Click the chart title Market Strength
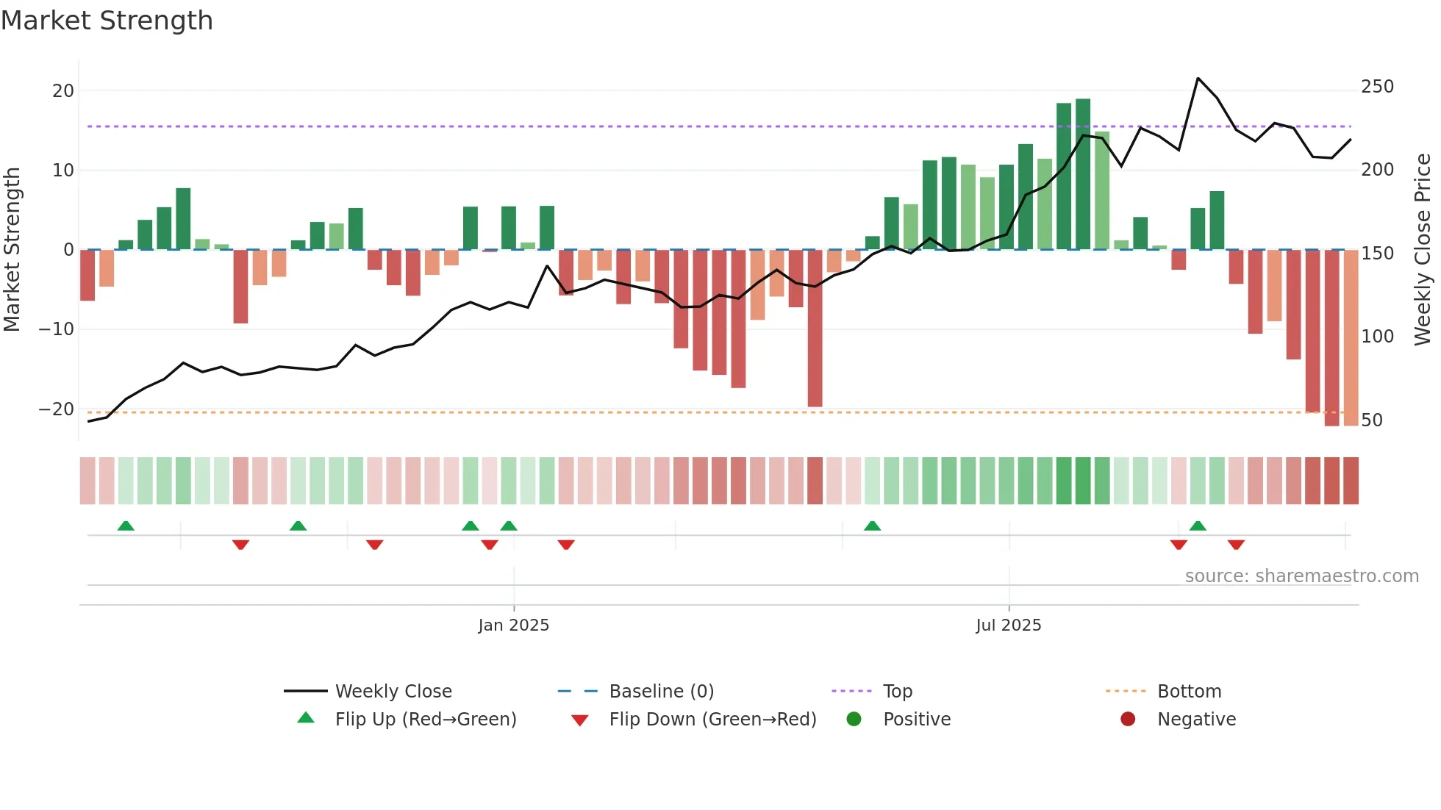107,21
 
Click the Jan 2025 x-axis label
513,626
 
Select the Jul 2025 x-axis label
1008,626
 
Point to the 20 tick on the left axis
63,91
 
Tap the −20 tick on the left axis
57,409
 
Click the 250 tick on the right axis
1377,87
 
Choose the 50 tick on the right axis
1372,420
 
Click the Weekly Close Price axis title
1423,250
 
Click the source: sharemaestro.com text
1301,576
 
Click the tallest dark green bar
1082,174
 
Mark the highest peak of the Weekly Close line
1198,78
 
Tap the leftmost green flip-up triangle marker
126,526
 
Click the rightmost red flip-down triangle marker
1236,545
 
